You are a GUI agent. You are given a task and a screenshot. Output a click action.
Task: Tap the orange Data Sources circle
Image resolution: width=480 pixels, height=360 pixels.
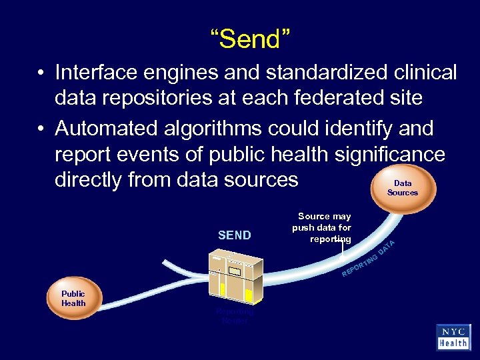(402, 187)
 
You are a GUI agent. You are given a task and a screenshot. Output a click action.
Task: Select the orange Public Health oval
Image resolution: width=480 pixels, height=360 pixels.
(73, 299)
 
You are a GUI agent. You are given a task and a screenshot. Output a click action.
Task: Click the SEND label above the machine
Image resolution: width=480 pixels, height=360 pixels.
(235, 235)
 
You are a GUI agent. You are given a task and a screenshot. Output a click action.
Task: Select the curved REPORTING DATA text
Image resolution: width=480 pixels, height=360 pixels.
(369, 259)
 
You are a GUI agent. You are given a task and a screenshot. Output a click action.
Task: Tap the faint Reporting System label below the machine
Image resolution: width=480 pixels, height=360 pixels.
(235, 315)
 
